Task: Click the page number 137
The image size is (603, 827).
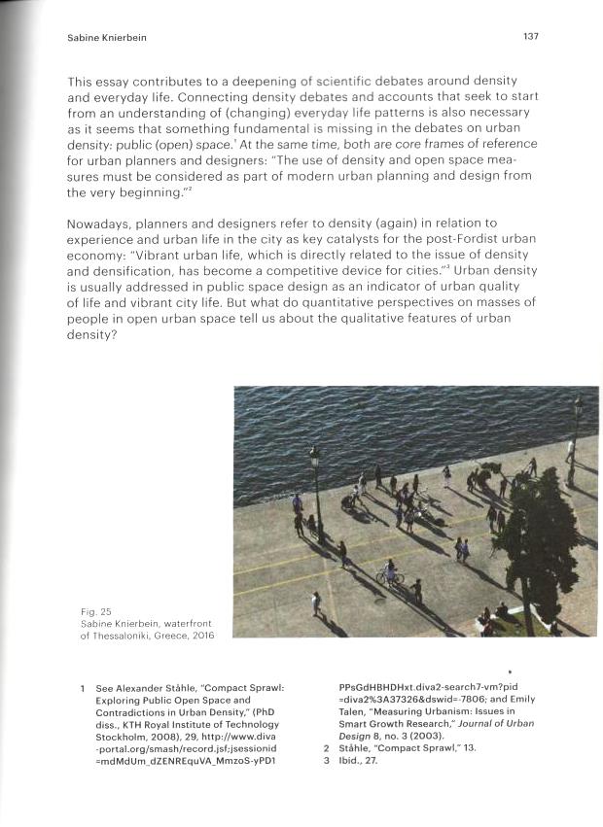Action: point(530,36)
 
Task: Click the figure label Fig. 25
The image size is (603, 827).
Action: point(94,611)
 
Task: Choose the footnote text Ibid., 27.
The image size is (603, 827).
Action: point(359,761)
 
